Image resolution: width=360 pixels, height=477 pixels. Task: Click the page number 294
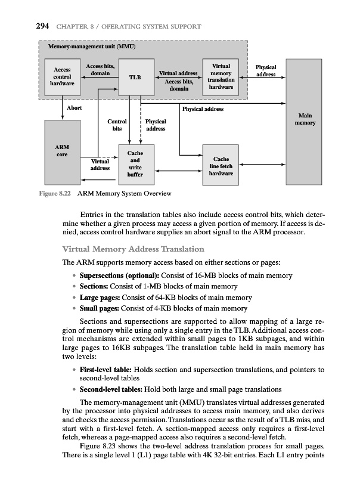coord(24,26)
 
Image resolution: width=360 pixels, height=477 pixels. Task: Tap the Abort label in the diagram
coord(74,108)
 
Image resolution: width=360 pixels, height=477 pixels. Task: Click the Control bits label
coord(116,125)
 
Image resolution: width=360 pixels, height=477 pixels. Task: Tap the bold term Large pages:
coord(98,297)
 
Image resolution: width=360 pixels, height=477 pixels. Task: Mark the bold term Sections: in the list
coord(89,286)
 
